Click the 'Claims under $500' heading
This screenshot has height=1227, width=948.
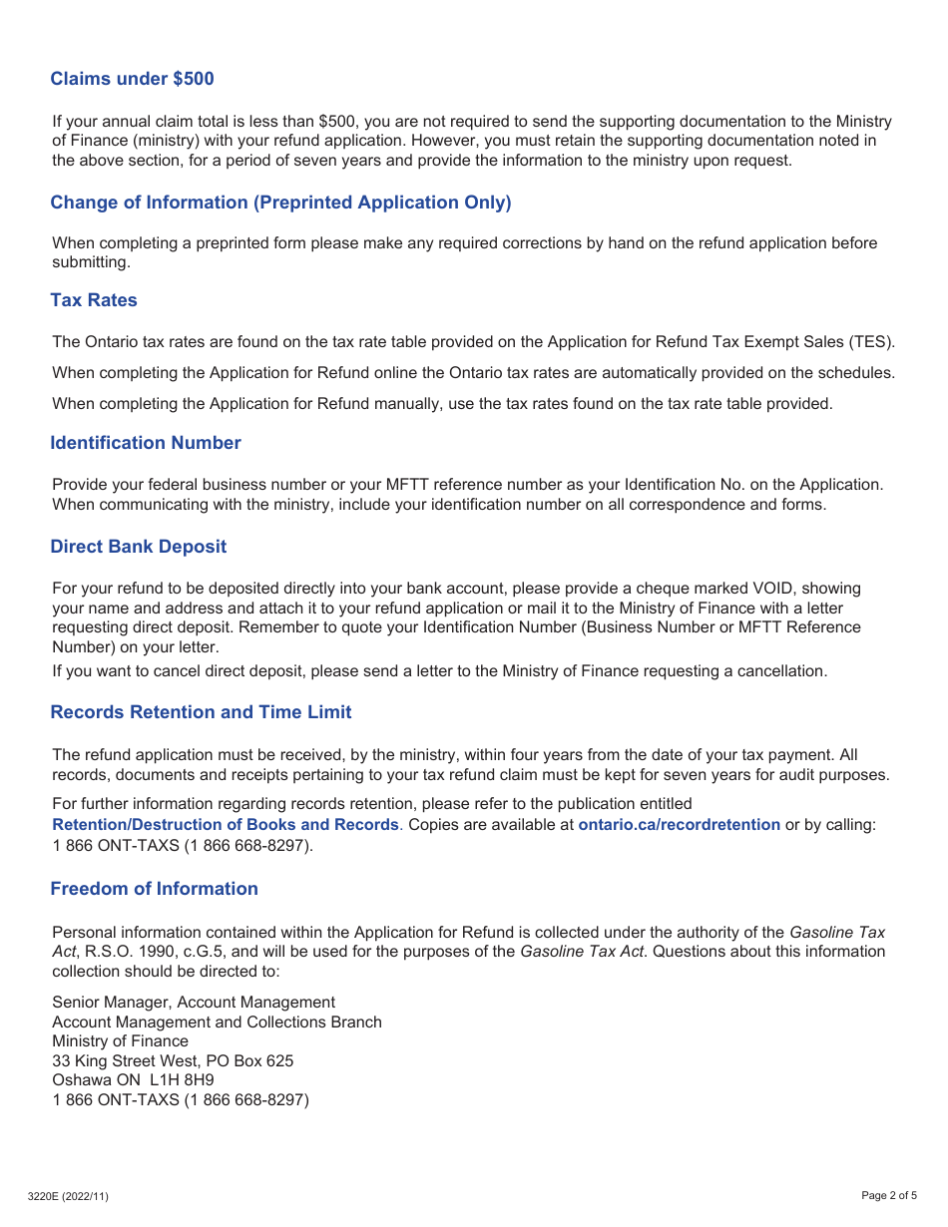point(132,79)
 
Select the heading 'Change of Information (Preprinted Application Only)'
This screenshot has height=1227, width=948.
point(280,203)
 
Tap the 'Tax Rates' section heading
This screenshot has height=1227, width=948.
point(94,300)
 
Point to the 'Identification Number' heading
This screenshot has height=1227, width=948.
point(146,443)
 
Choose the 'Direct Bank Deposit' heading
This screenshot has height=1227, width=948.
point(139,547)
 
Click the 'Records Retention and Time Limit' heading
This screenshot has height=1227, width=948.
point(201,712)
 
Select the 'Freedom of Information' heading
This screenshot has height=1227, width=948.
point(154,889)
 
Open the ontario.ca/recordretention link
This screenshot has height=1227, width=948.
point(679,825)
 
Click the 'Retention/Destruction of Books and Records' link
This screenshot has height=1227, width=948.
point(226,825)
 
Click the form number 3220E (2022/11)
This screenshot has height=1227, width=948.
point(69,1196)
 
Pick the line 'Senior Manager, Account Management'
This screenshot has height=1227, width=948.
point(194,1003)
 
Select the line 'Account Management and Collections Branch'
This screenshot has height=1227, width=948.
point(217,1022)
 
